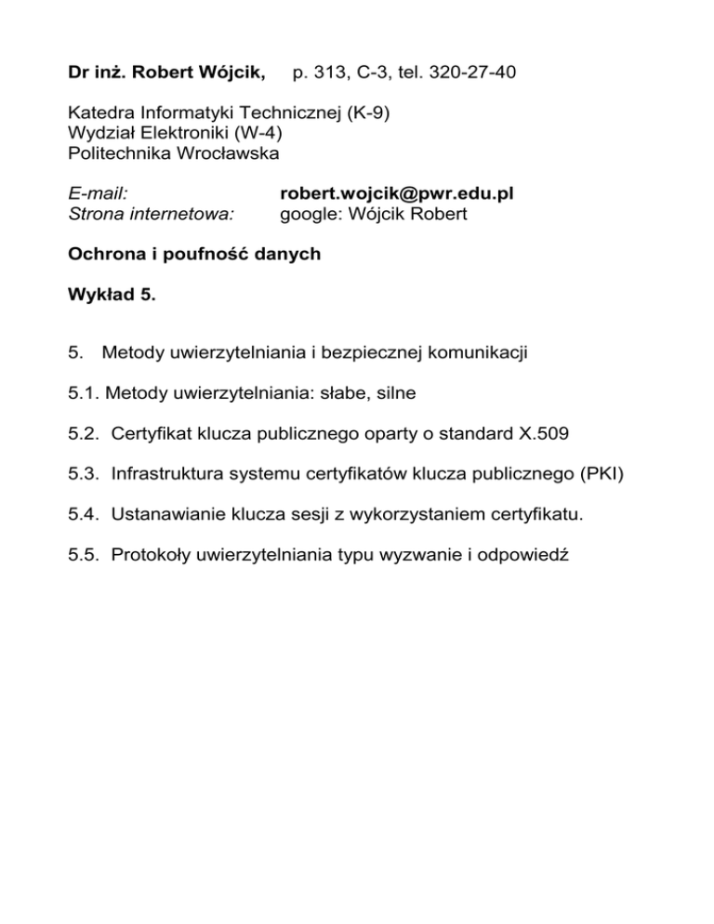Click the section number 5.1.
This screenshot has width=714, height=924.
click(x=85, y=393)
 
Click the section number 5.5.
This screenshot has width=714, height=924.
click(x=85, y=557)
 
